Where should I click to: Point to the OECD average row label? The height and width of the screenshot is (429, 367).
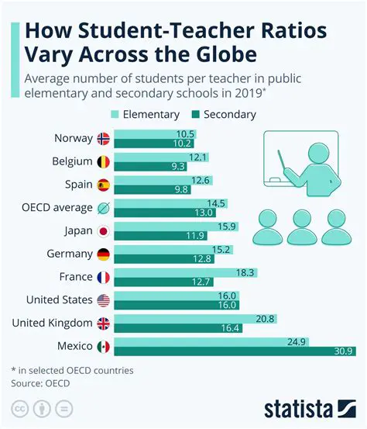pos(59,208)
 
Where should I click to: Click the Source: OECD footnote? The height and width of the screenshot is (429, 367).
pos(39,382)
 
